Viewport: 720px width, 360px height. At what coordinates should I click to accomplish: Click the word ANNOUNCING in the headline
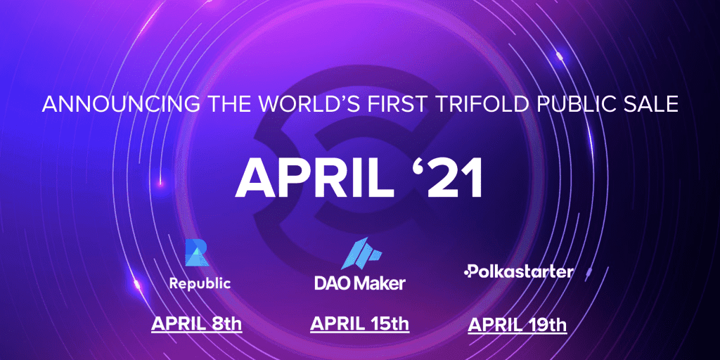click(x=121, y=105)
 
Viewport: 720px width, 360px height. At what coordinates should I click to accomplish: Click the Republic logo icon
click(x=197, y=252)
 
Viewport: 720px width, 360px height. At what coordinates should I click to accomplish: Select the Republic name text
click(x=200, y=284)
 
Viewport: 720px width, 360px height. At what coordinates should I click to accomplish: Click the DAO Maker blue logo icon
click(x=361, y=253)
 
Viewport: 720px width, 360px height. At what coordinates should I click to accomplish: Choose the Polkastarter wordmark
click(x=519, y=271)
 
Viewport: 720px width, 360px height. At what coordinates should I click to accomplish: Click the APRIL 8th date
click(x=197, y=323)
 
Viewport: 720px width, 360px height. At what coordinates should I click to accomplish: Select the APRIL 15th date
click(x=359, y=323)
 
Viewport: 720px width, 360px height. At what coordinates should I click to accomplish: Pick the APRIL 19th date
click(x=517, y=325)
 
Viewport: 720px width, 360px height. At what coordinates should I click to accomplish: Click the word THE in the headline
click(x=230, y=105)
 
